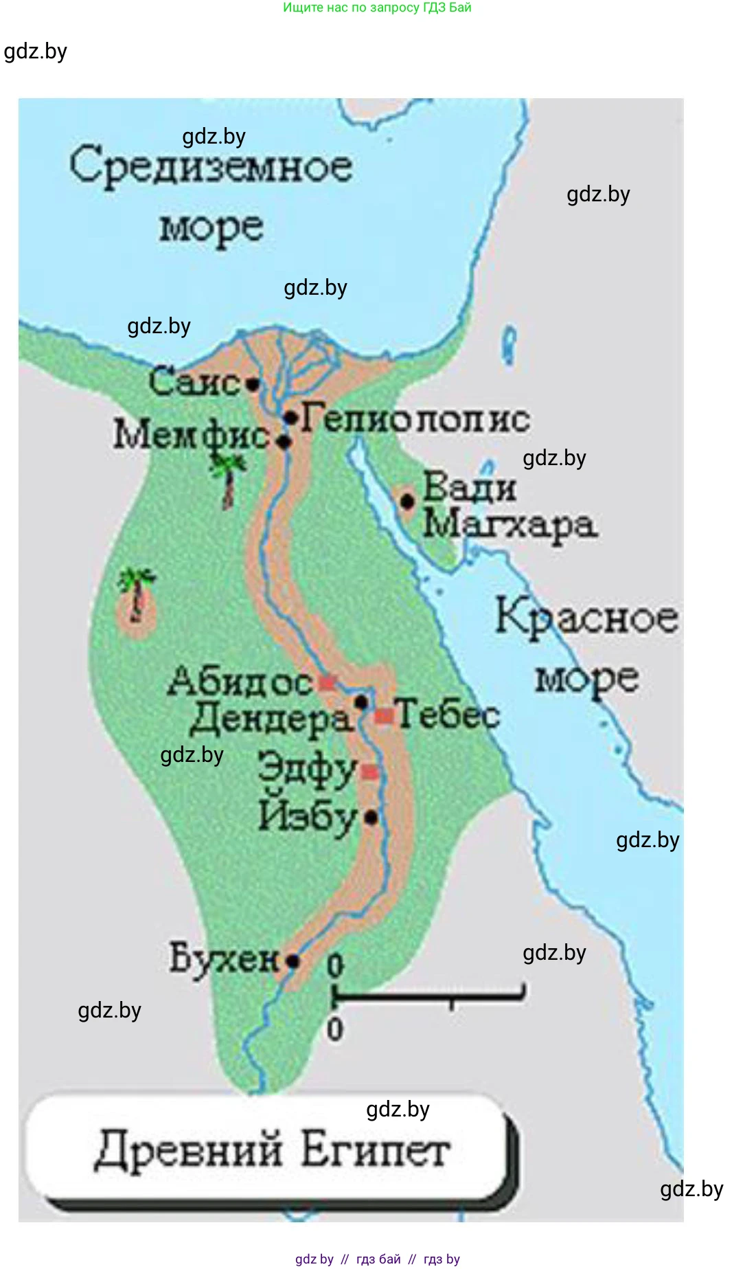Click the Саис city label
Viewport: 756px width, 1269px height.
pos(194,382)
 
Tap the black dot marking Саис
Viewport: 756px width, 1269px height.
pos(253,384)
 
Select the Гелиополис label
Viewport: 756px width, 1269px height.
pos(415,418)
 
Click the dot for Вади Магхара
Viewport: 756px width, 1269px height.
pos(407,502)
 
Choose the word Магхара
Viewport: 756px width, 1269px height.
pos(509,526)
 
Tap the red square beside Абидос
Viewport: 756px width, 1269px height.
pos(327,682)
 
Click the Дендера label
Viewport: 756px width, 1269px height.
pos(271,719)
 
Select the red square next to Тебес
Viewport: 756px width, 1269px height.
pos(383,716)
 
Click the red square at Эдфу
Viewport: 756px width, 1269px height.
pos(369,772)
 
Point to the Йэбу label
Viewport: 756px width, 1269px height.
pos(308,817)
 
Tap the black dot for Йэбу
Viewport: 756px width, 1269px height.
pos(371,818)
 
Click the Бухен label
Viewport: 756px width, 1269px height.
pos(224,958)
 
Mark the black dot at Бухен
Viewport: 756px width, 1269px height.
pos(293,961)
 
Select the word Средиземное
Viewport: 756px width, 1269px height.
pos(211,167)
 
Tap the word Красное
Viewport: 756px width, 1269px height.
pos(587,617)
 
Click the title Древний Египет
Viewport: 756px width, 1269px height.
pos(272,1150)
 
